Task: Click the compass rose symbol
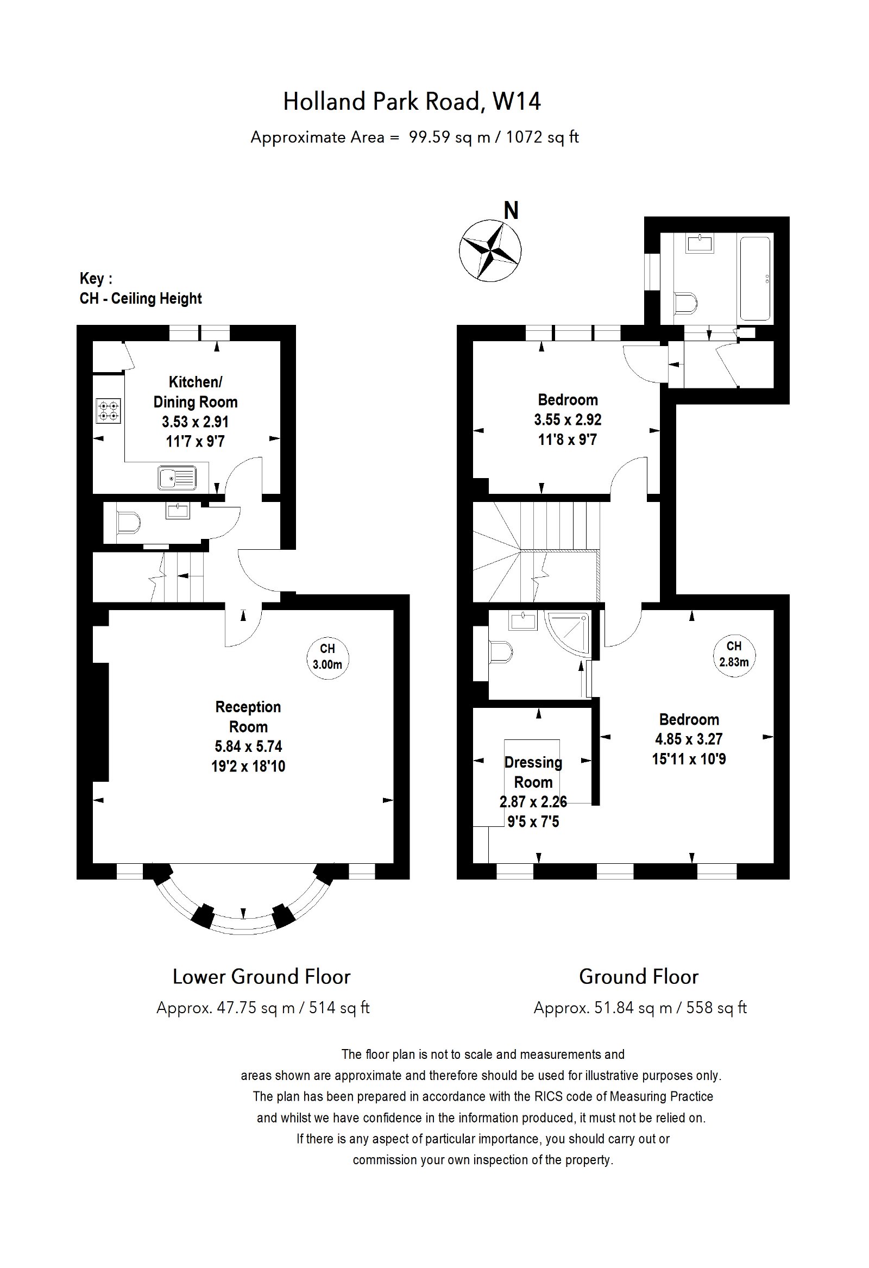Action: click(490, 250)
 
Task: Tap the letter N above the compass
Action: click(511, 210)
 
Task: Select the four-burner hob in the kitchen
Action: click(108, 411)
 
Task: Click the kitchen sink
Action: click(177, 478)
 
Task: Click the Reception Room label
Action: click(248, 717)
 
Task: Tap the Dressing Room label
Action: click(533, 772)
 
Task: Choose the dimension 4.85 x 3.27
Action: click(689, 739)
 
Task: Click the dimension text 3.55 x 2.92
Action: click(568, 419)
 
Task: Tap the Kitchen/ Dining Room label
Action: click(196, 392)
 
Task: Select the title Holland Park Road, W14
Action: click(412, 102)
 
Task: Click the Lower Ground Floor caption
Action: click(261, 977)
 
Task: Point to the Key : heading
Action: click(96, 278)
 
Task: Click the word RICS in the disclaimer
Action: click(549, 1097)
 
